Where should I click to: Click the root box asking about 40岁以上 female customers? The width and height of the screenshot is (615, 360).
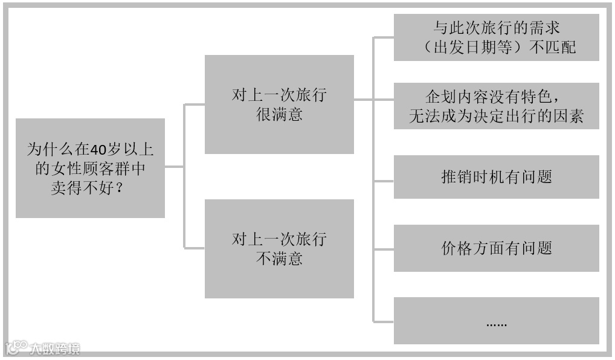click(90, 168)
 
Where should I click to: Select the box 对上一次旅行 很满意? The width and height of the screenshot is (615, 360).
click(279, 104)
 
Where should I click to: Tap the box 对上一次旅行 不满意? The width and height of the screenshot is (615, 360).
click(279, 248)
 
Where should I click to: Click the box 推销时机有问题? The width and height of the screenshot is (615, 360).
click(496, 177)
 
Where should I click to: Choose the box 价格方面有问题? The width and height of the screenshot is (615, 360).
click(496, 248)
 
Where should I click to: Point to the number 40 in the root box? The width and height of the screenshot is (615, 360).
click(97, 149)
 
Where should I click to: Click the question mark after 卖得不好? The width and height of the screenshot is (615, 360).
click(120, 187)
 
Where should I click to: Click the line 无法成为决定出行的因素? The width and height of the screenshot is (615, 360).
click(496, 117)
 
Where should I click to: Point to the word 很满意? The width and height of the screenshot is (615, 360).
click(279, 114)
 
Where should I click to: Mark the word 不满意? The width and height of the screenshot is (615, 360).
click(279, 259)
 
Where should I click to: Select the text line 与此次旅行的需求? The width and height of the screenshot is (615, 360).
click(496, 28)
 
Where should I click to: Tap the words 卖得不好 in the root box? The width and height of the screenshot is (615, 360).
click(82, 187)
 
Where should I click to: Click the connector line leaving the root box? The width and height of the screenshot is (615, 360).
click(174, 167)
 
